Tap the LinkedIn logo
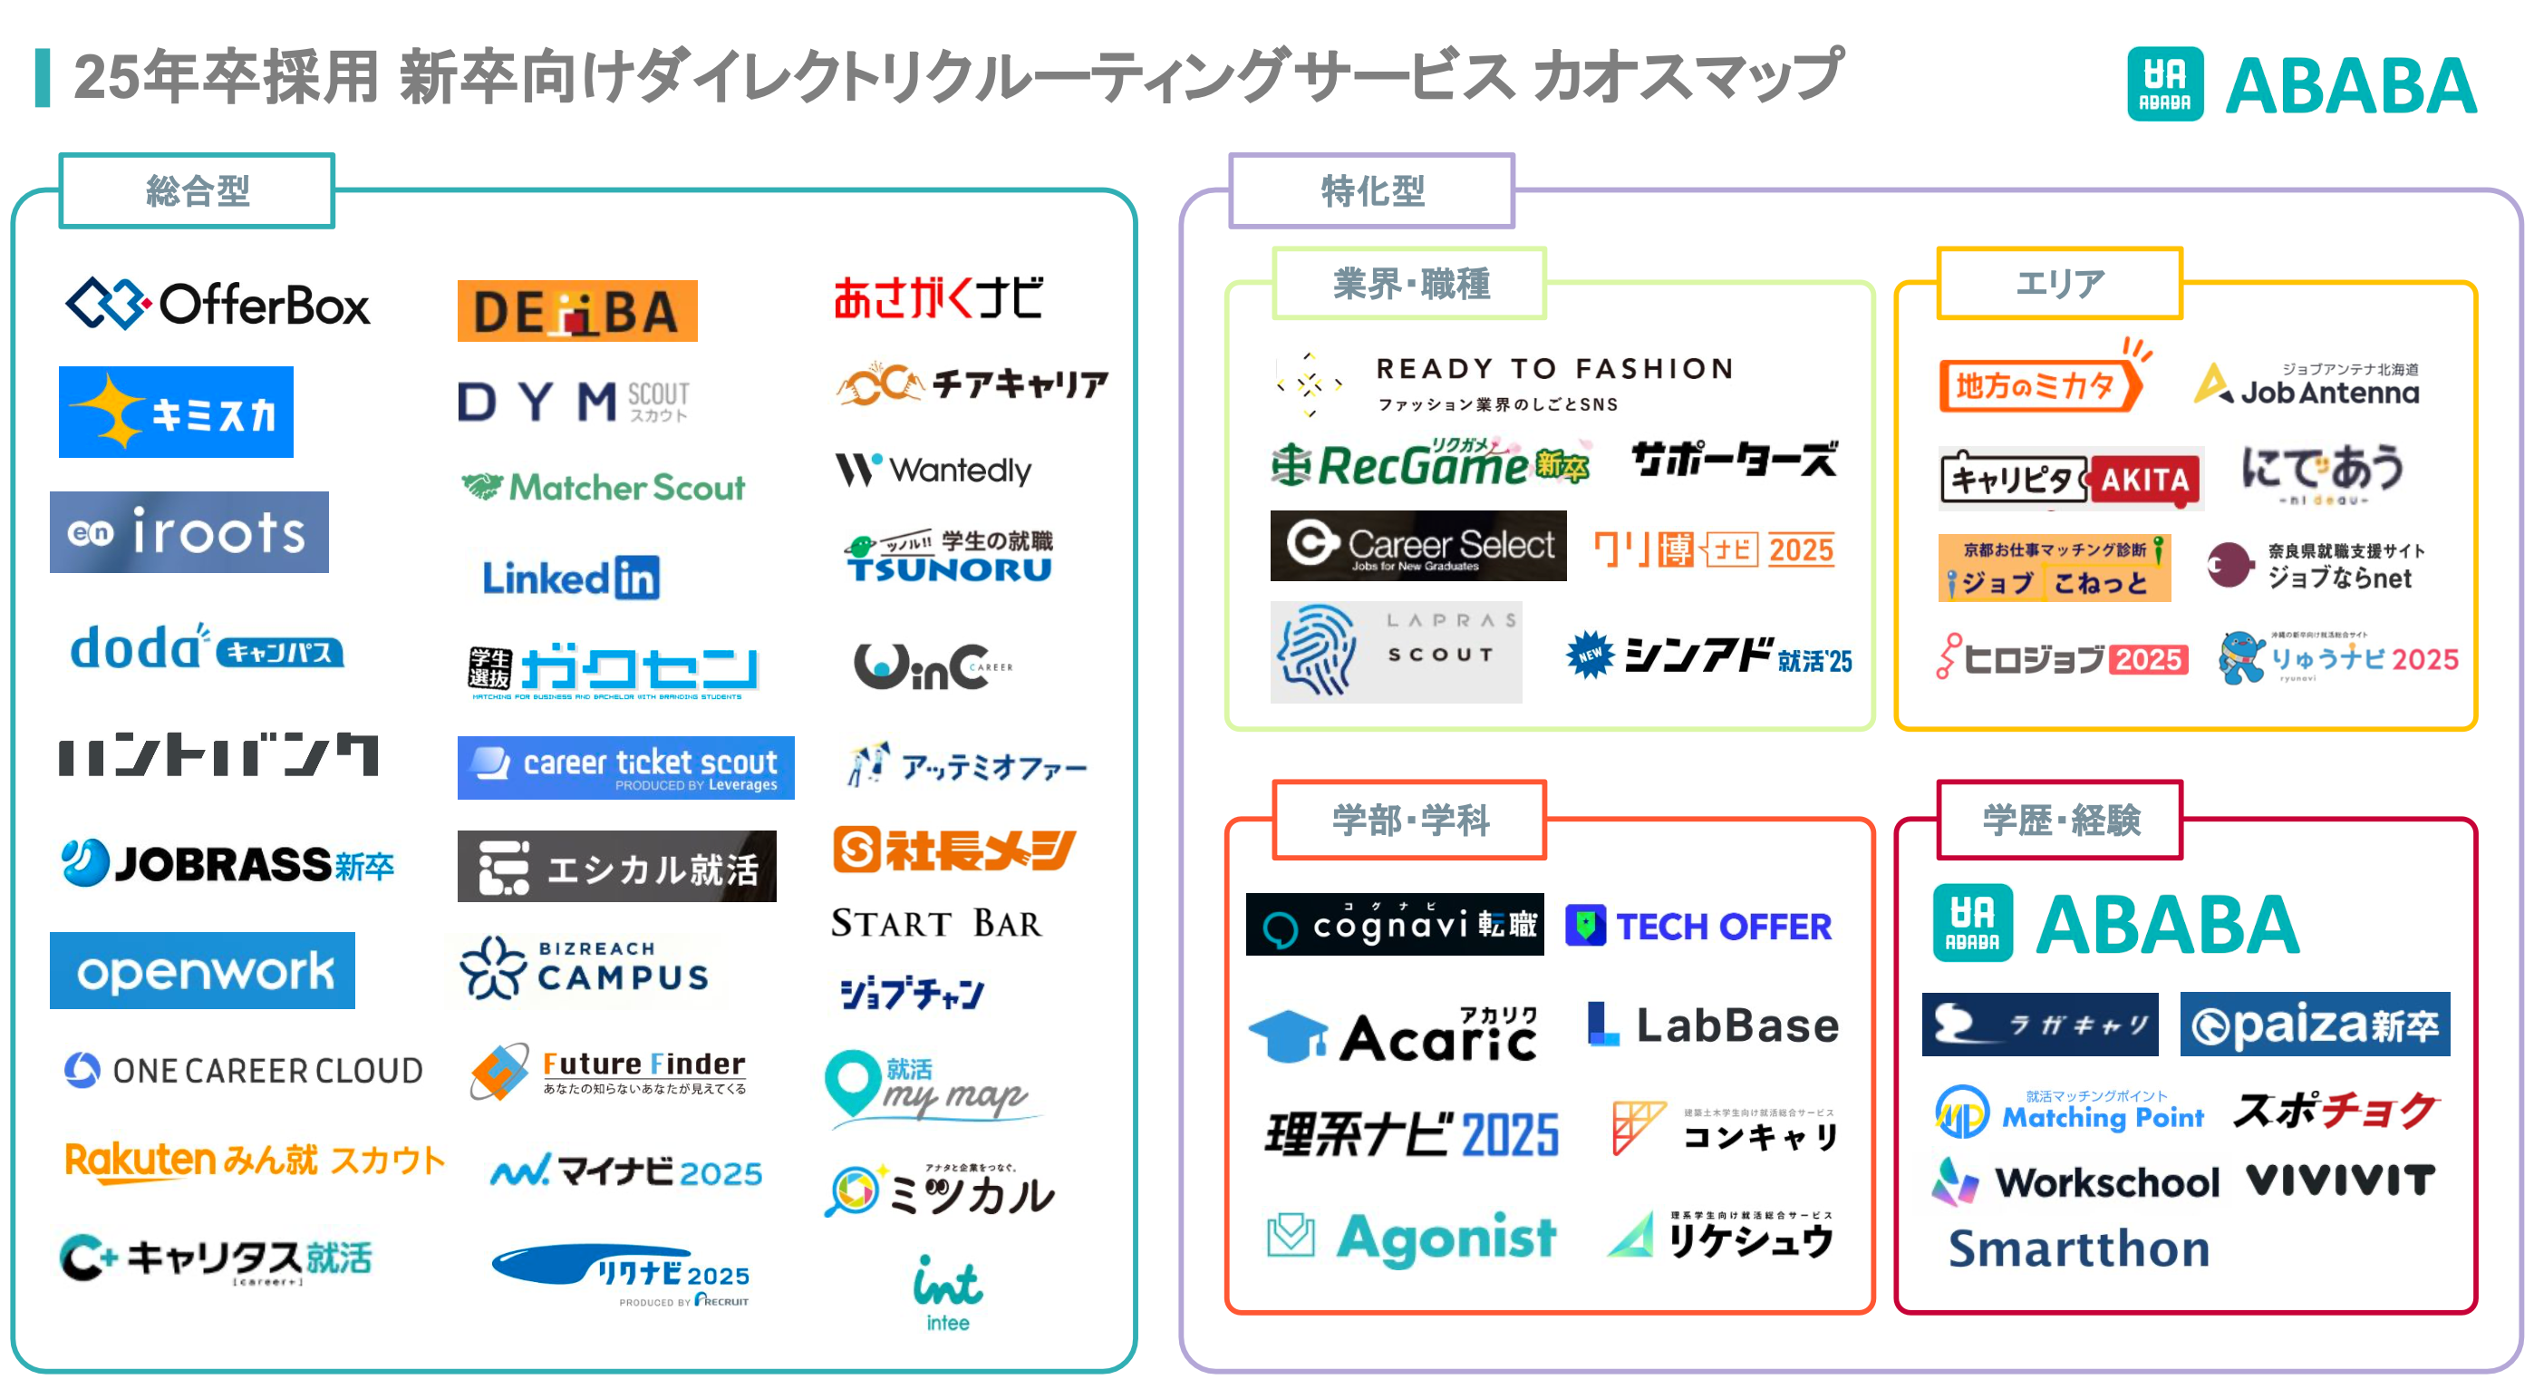click(571, 578)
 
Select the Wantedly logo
click(933, 471)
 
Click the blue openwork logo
click(203, 970)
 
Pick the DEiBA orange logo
click(577, 312)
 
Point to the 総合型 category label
click(197, 191)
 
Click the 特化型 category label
click(1371, 191)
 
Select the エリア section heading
click(2059, 284)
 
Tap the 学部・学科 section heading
click(1409, 820)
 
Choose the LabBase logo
click(1713, 1025)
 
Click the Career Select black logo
click(1417, 546)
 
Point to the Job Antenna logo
click(2307, 385)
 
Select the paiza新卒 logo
click(2314, 1025)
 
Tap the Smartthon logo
click(2078, 1248)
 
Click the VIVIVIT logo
click(2340, 1180)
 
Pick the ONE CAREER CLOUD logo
click(243, 1071)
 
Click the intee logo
click(947, 1293)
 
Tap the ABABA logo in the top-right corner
click(2301, 84)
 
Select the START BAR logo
click(935, 923)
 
